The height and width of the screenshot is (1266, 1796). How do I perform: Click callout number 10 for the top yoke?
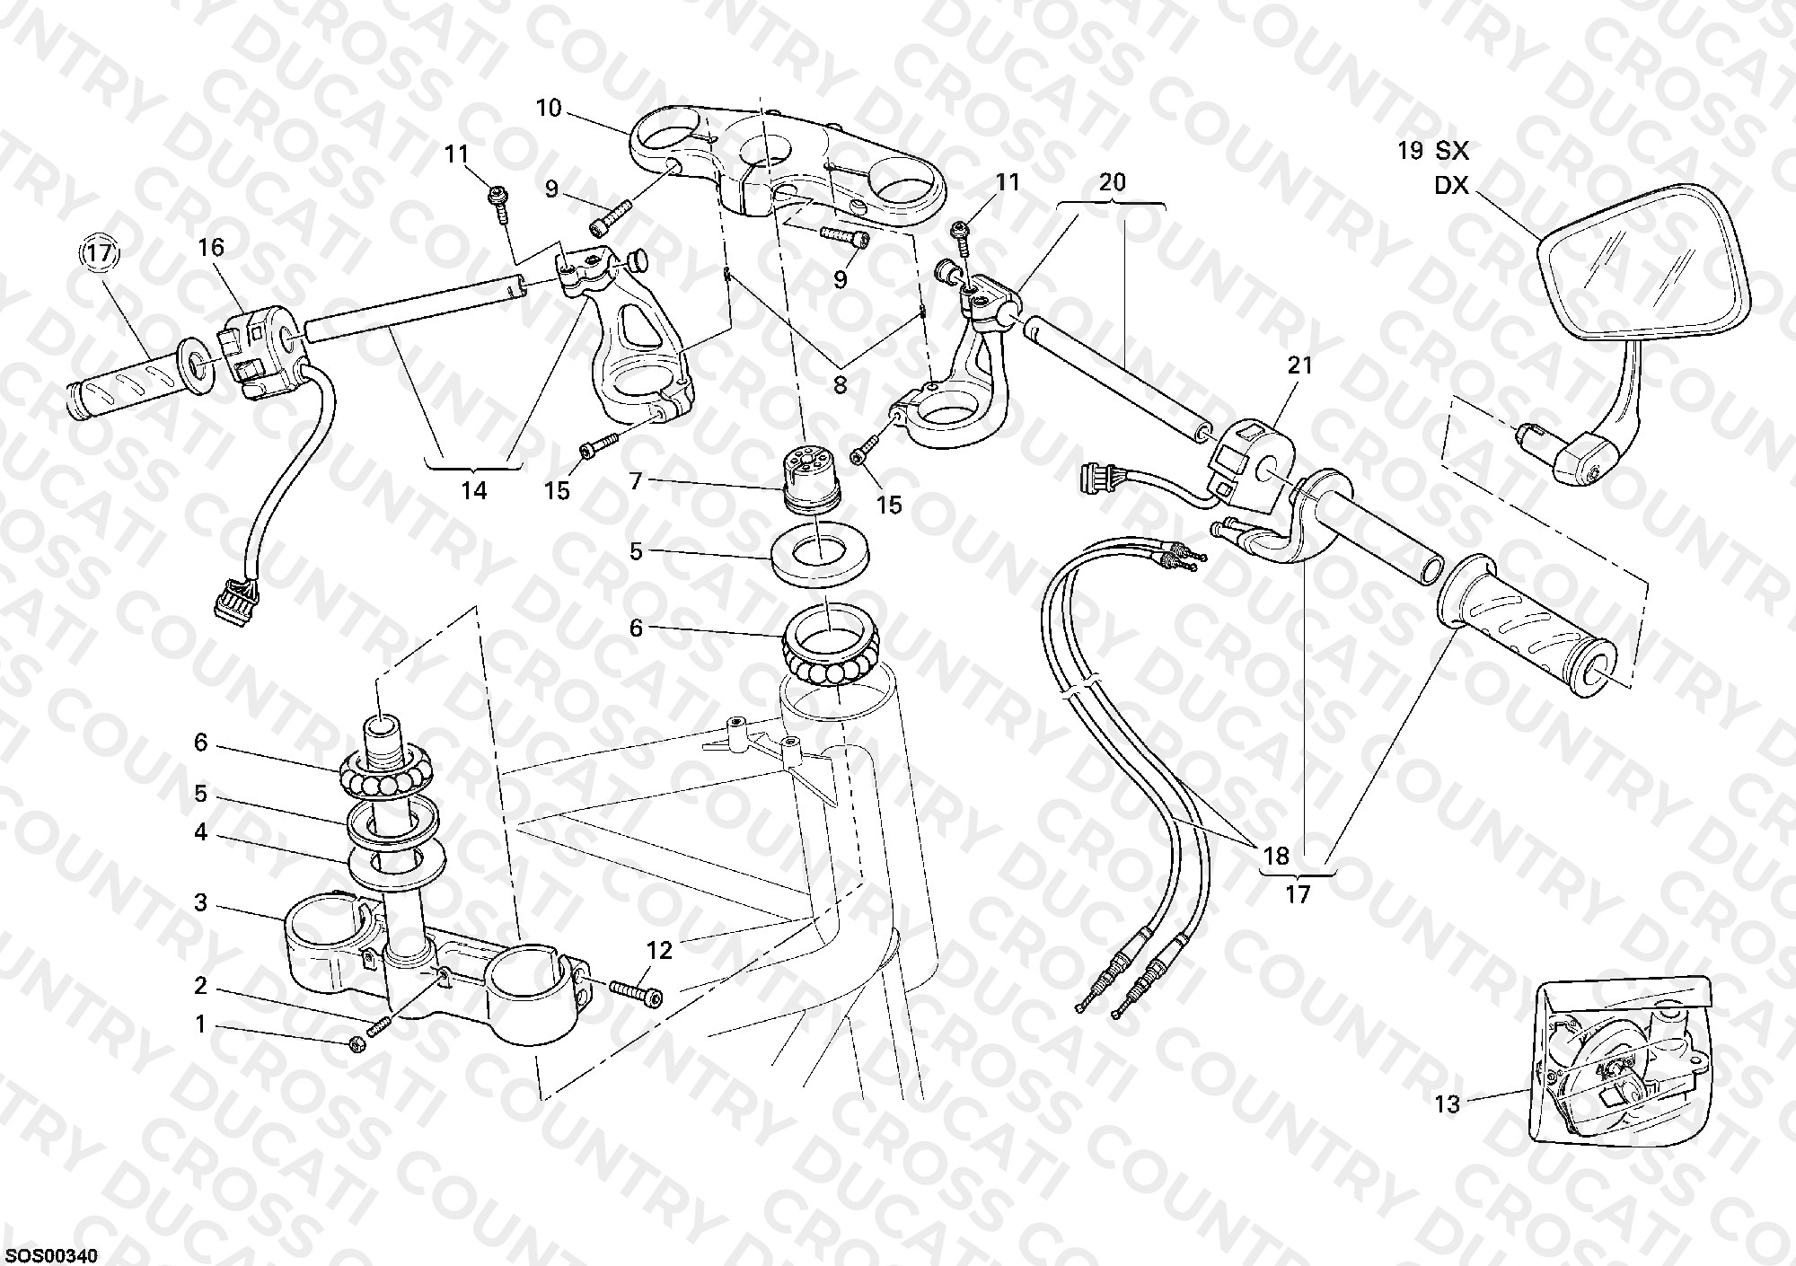[x=548, y=109]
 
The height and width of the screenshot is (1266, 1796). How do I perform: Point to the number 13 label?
[x=1447, y=1105]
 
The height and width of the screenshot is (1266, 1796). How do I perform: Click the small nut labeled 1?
[x=357, y=1043]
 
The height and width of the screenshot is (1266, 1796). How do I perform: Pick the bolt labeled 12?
[x=636, y=991]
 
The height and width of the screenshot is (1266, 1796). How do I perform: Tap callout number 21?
[x=1300, y=365]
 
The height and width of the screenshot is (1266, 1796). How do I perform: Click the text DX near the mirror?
[x=1451, y=185]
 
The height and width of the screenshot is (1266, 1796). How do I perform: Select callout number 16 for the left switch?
[x=211, y=247]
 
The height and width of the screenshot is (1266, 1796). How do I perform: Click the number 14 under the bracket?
[x=474, y=490]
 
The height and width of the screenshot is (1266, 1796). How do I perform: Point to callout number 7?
[x=636, y=482]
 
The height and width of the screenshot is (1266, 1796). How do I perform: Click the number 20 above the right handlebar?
[x=1112, y=182]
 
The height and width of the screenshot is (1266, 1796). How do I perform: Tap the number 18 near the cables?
[x=1277, y=856]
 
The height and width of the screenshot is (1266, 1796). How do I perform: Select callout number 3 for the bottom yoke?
[x=201, y=902]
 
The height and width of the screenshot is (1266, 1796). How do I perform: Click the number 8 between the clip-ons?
[x=840, y=385]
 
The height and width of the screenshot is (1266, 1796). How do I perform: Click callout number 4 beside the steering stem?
[x=201, y=832]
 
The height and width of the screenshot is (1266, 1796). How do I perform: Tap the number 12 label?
[x=659, y=950]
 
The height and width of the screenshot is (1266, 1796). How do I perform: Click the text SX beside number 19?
[x=1451, y=150]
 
